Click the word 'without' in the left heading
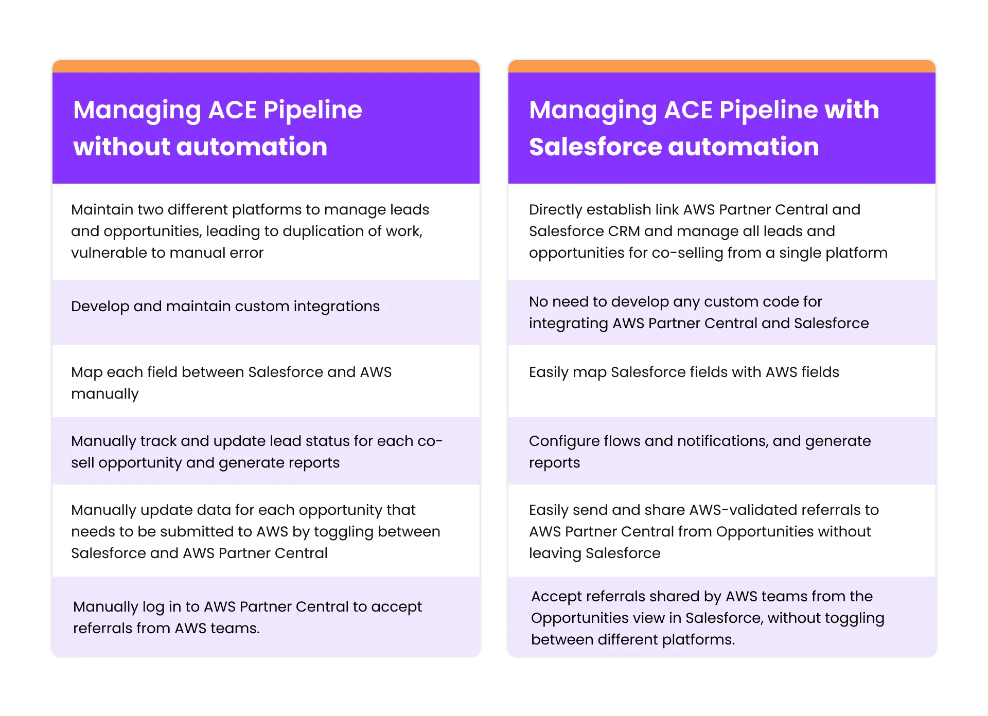tap(121, 147)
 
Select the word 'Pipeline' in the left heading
tap(313, 110)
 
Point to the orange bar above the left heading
tap(266, 66)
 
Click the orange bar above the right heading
tap(722, 66)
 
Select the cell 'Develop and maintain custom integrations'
tap(266, 312)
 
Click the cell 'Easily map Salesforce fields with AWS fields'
tap(722, 381)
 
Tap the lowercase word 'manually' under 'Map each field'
tap(105, 394)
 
